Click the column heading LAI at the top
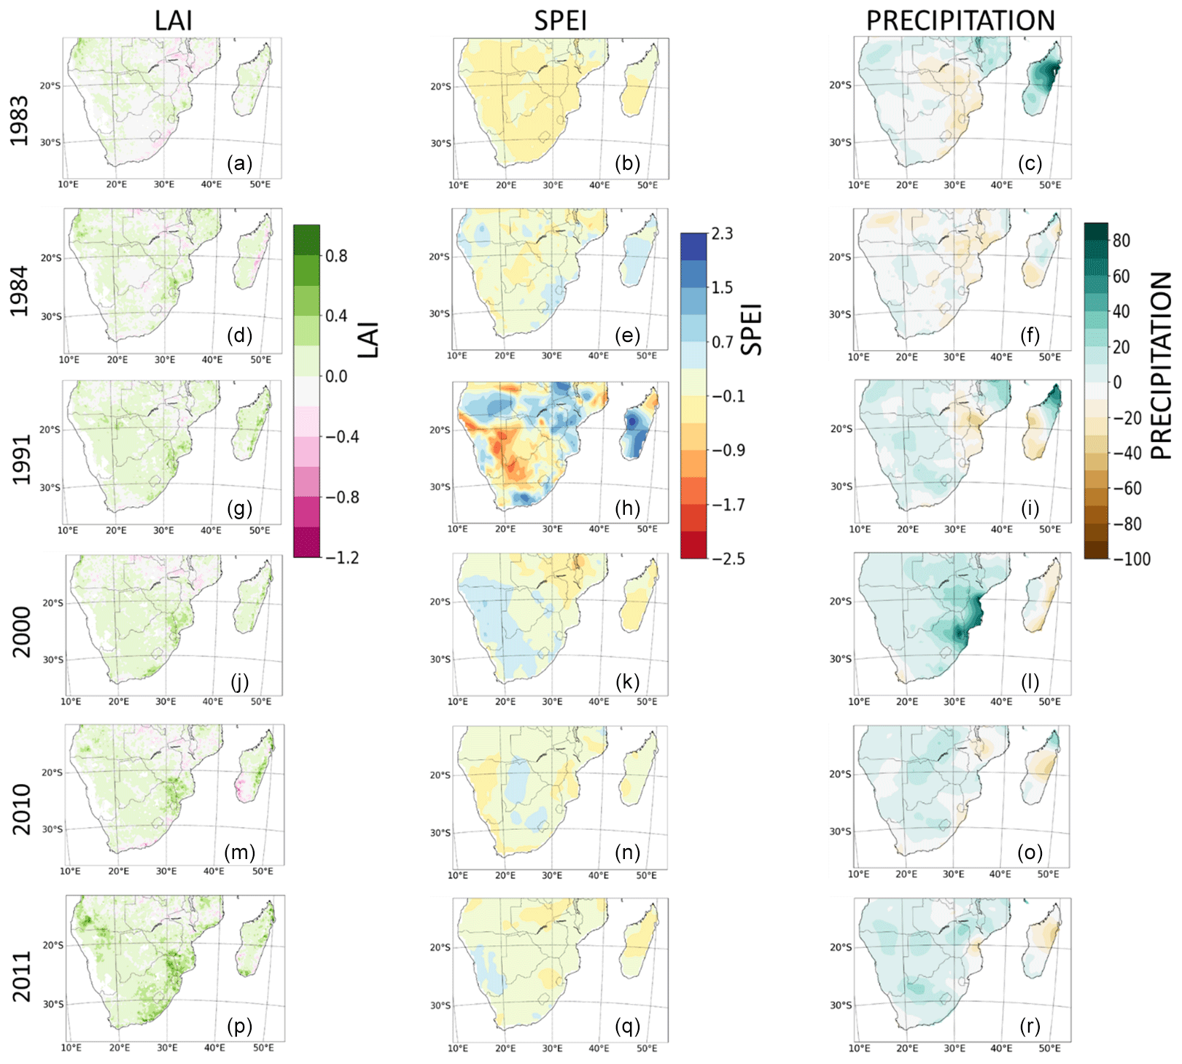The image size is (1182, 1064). pos(174,20)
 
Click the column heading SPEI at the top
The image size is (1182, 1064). pos(560,20)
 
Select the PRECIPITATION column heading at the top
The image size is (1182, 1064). pos(960,20)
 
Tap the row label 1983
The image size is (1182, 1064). pos(19,121)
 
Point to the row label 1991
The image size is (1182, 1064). pos(20,459)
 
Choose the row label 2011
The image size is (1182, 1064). pos(22,976)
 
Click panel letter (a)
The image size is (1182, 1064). pos(239,163)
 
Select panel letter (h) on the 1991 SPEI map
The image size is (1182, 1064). pos(627,508)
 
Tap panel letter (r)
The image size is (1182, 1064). pos(1030,1026)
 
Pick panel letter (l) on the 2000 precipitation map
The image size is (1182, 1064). pos(1030,682)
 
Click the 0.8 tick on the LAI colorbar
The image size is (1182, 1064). pos(336,256)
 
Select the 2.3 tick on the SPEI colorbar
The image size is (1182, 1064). pos(722,233)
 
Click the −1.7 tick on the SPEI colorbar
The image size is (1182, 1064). pos(728,505)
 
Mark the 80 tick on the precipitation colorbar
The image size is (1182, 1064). pos(1121,241)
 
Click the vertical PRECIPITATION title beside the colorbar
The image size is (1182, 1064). pos(1161,365)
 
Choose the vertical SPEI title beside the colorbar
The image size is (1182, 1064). pos(752,329)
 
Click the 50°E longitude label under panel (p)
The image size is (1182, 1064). pos(263,1048)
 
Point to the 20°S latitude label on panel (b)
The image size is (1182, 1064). pos(440,86)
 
